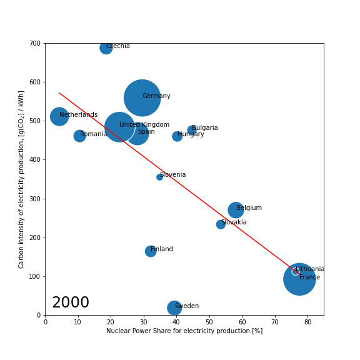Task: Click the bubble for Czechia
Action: click(106, 47)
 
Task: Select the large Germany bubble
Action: click(142, 98)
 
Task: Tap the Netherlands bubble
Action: click(59, 116)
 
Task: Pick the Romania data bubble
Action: click(79, 136)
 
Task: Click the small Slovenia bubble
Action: click(159, 177)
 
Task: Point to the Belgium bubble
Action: click(236, 210)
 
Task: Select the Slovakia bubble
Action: click(221, 224)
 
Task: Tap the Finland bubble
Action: click(151, 251)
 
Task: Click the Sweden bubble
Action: click(174, 307)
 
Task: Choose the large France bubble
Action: click(299, 279)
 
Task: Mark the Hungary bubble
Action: click(177, 136)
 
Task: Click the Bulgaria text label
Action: click(205, 128)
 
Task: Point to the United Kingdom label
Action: click(144, 125)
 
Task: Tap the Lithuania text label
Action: click(310, 269)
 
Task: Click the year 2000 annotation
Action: click(71, 303)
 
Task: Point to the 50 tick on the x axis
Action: click(209, 322)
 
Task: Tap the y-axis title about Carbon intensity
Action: click(21, 179)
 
